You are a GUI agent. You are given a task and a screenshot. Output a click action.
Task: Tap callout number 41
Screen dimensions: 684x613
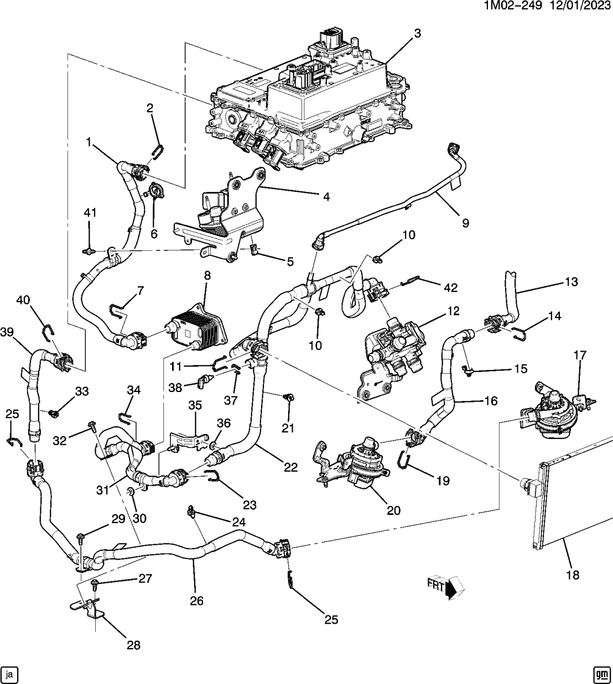(90, 213)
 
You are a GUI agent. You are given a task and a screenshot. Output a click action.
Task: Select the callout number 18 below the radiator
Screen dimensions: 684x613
(573, 575)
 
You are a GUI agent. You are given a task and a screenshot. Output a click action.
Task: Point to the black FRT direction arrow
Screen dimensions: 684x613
(451, 587)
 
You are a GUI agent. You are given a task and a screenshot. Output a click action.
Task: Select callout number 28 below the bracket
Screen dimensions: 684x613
(133, 645)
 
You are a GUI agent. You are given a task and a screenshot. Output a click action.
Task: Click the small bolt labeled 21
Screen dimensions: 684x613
(288, 398)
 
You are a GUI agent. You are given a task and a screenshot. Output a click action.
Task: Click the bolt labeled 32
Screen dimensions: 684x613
(92, 426)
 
